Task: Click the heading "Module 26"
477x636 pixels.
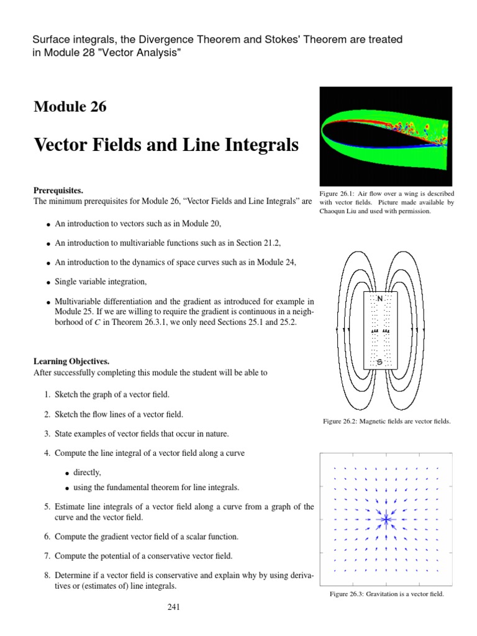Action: click(x=70, y=107)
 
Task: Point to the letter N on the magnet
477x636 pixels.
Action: click(x=379, y=299)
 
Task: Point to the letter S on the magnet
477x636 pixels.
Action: click(x=379, y=361)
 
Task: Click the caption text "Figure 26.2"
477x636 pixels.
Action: click(x=340, y=421)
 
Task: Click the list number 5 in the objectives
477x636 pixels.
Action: click(x=47, y=507)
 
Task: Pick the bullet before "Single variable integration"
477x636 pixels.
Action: click(x=48, y=283)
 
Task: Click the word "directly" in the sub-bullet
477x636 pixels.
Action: click(x=87, y=473)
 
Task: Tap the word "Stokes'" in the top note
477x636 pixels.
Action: click(x=270, y=39)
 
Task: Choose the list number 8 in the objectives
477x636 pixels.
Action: click(x=47, y=575)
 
